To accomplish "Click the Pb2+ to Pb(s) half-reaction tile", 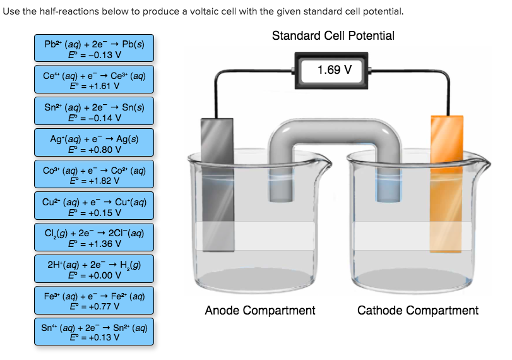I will click(x=94, y=49).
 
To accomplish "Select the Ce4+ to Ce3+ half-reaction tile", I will click(x=94, y=80).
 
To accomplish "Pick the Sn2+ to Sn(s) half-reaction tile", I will click(x=94, y=112).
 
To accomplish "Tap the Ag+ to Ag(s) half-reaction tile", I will click(x=94, y=143).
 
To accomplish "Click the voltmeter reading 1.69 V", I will click(x=334, y=69).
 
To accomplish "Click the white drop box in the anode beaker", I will click(x=255, y=236).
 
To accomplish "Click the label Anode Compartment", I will click(x=259, y=310).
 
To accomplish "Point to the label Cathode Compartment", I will click(x=417, y=310).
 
